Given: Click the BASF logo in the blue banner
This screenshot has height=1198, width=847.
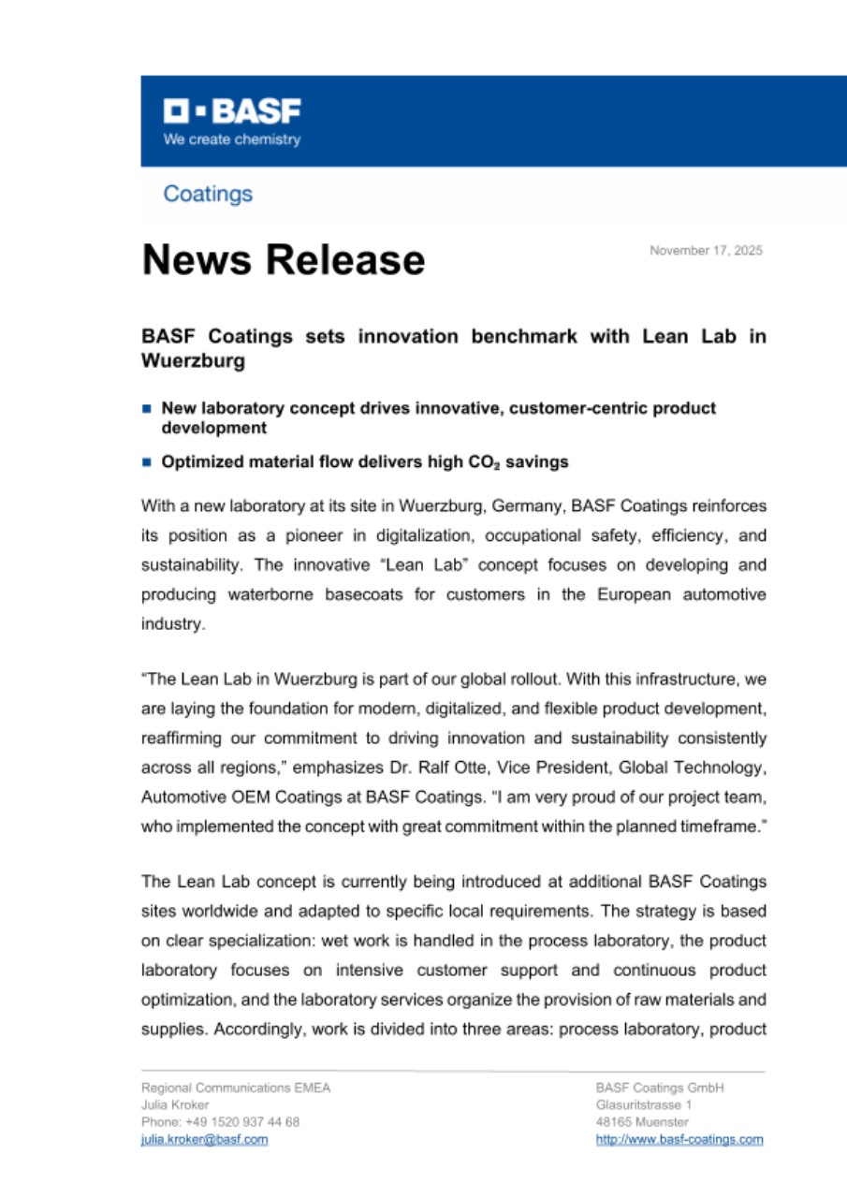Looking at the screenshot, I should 232,111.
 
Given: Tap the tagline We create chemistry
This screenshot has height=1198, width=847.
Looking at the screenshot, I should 232,139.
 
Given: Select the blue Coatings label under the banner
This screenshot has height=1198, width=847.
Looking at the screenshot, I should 208,194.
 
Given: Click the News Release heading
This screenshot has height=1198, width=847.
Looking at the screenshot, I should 283,259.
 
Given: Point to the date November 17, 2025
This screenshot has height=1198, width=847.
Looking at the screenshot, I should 706,251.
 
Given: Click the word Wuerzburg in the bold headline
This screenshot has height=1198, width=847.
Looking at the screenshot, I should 193,360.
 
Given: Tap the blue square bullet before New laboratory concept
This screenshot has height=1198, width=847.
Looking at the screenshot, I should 146,409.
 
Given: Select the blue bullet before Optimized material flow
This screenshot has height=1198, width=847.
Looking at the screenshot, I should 146,462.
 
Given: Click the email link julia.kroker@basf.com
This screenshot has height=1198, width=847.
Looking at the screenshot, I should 204,1139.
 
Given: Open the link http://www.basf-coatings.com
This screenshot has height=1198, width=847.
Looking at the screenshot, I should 679,1139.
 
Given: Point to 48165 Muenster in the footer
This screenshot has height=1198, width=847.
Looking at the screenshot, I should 642,1121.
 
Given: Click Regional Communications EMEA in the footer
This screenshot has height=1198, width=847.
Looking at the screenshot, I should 235,1088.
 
